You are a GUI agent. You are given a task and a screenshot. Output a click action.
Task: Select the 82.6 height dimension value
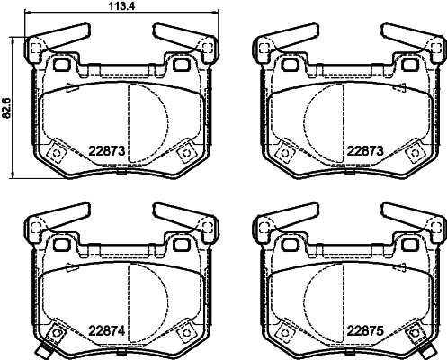(x=7, y=106)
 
